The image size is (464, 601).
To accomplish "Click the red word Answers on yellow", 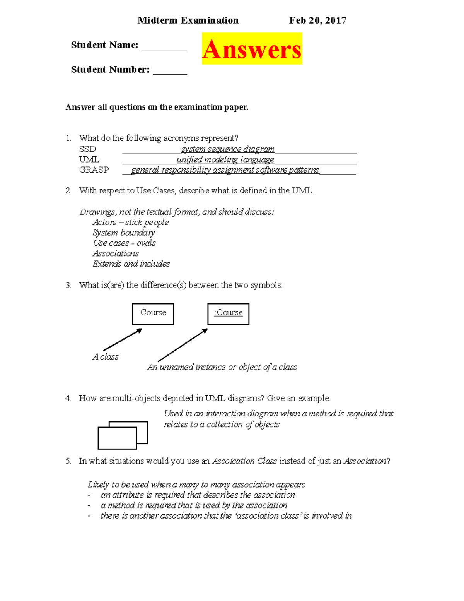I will click(252, 49).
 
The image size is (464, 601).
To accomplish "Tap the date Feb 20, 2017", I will click(317, 21).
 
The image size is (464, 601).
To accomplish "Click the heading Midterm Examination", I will click(188, 21).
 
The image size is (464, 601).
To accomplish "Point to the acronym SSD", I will click(87, 149).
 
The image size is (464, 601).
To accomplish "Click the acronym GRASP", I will click(94, 170).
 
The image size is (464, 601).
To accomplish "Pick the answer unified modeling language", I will click(225, 159).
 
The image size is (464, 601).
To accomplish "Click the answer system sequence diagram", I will click(228, 149).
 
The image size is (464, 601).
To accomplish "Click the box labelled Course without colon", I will click(153, 313).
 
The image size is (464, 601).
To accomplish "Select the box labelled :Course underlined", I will click(228, 313).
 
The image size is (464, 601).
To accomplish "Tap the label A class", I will click(106, 357).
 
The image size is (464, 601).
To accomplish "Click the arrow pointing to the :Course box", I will click(183, 345).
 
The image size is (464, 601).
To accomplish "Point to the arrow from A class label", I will click(123, 339).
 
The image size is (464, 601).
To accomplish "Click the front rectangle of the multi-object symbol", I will click(117, 438).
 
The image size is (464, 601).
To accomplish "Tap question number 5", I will click(68, 461).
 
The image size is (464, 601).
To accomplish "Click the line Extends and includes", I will click(131, 264).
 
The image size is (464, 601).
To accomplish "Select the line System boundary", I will click(124, 233).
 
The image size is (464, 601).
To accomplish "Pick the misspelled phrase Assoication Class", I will click(244, 461).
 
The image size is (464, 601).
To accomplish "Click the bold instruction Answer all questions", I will click(157, 107).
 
